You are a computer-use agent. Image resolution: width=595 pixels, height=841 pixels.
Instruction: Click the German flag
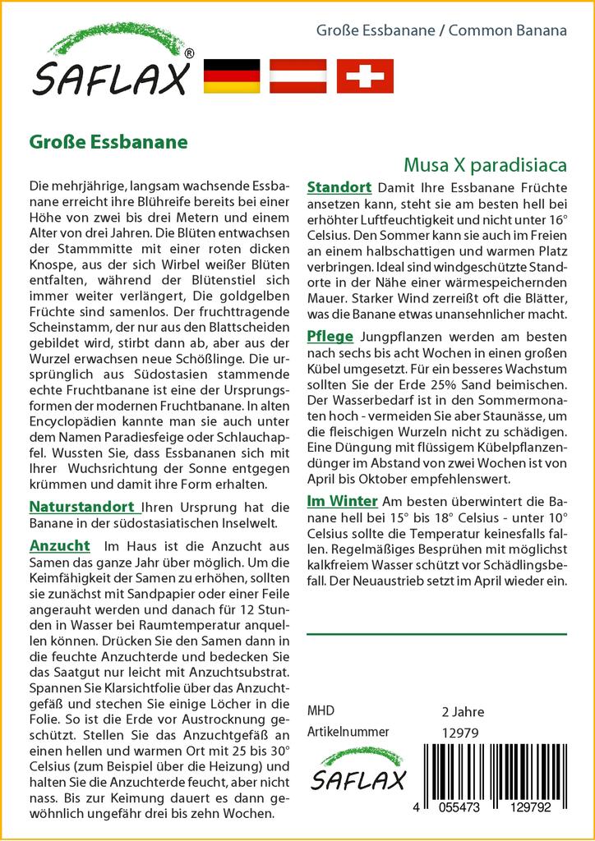pos(231,76)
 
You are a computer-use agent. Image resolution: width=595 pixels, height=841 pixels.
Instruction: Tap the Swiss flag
pos(365,76)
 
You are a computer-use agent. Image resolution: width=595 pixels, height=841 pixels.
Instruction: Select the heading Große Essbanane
pos(108,140)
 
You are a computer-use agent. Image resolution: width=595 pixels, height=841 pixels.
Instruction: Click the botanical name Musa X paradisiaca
pos(485,165)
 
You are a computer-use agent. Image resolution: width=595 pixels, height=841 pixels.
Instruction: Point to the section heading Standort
pos(339,187)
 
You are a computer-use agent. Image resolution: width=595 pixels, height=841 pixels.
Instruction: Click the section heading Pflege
pos(330,336)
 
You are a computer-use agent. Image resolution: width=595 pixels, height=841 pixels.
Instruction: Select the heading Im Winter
pos(342,501)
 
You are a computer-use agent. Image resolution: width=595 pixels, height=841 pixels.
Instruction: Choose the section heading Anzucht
pos(59,546)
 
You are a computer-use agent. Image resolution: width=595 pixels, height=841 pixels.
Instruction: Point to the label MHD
pos(321,711)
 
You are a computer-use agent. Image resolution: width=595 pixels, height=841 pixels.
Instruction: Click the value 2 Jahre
pos(464,711)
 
